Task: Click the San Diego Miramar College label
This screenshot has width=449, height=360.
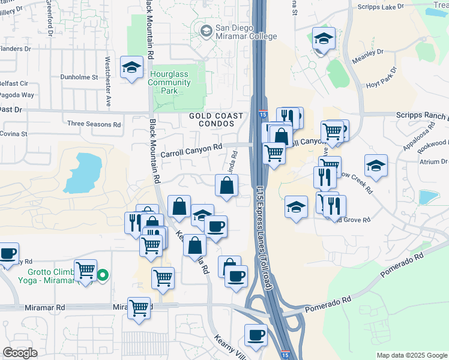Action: pos(246,32)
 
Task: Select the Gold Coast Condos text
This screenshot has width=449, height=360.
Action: pos(216,119)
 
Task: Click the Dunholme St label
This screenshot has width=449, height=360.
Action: pos(79,77)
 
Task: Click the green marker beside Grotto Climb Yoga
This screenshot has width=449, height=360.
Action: pos(103,275)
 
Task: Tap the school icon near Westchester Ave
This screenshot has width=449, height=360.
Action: pos(131,68)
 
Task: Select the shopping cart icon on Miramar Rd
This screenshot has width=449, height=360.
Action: pos(139,308)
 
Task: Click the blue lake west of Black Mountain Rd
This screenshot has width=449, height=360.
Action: pos(84,172)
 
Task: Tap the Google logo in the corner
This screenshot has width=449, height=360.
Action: pos(20,353)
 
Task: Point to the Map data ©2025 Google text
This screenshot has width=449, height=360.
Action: pos(411,355)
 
